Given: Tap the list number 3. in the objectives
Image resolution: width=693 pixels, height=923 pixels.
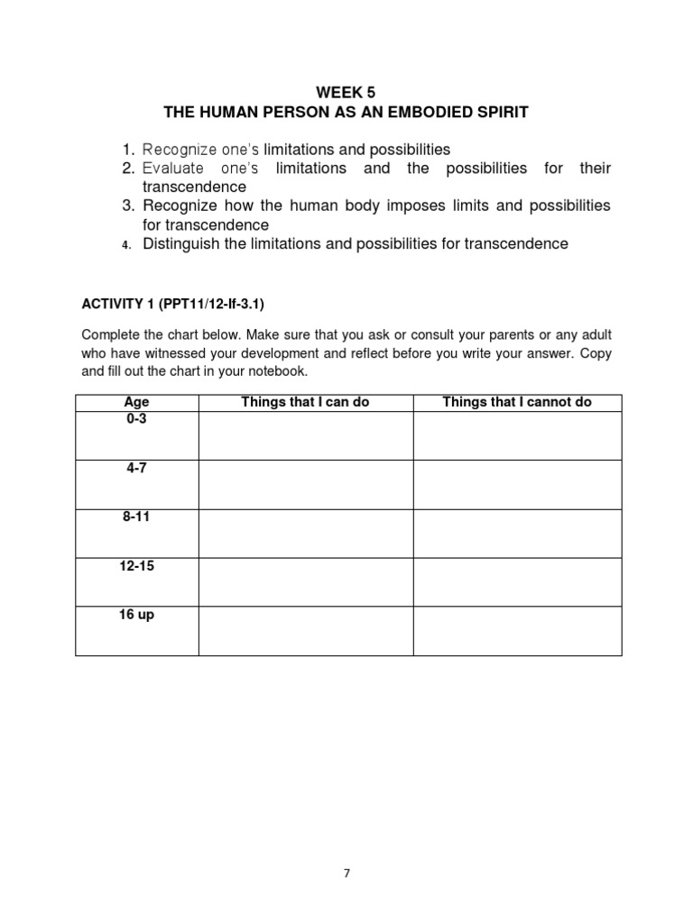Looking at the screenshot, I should pyautogui.click(x=128, y=206).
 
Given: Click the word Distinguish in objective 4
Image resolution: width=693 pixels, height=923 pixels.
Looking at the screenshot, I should pyautogui.click(x=180, y=243).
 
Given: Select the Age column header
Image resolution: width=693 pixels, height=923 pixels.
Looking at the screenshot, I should pyautogui.click(x=136, y=402).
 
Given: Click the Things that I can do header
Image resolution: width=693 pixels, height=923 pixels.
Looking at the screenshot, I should pyautogui.click(x=305, y=402).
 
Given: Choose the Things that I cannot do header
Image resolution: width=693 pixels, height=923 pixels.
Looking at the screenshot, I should pyautogui.click(x=517, y=402).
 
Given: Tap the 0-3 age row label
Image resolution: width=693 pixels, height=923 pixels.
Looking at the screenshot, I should pyautogui.click(x=136, y=419).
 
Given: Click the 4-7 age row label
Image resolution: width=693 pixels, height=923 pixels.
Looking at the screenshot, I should pyautogui.click(x=136, y=469).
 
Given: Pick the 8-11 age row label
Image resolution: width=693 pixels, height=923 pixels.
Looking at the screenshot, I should pyautogui.click(x=136, y=517).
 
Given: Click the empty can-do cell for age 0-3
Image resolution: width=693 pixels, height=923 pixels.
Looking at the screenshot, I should pyautogui.click(x=305, y=435).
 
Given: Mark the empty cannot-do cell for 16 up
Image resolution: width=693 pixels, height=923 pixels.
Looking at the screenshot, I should pyautogui.click(x=517, y=630).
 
